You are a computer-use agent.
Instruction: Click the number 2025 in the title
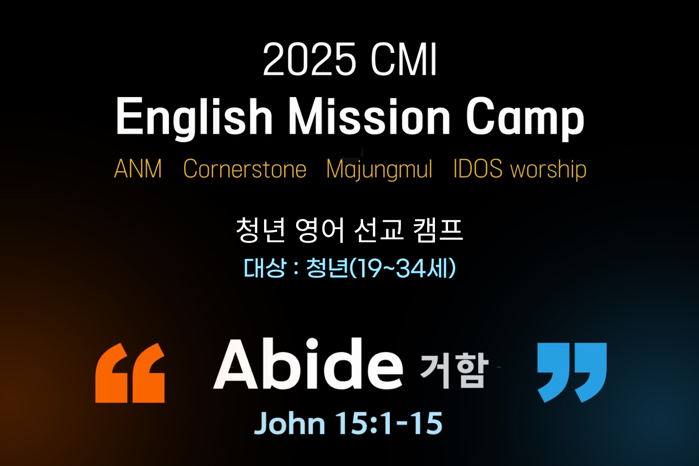[x=309, y=59]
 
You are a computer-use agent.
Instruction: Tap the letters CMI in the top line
[x=403, y=59]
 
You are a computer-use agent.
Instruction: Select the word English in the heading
[x=194, y=118]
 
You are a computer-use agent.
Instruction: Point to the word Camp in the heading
[x=525, y=118]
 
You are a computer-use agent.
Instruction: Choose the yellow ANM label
[x=138, y=168]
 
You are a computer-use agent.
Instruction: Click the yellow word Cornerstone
[x=245, y=168]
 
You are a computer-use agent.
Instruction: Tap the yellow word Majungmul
[x=379, y=169]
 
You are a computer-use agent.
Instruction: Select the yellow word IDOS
[x=478, y=168]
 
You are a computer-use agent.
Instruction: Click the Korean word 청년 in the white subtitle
[x=261, y=230]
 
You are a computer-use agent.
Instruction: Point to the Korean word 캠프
[x=438, y=230]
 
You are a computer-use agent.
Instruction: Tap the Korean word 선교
[x=379, y=230]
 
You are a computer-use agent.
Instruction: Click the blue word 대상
[x=265, y=268]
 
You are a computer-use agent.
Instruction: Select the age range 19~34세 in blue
[x=401, y=268]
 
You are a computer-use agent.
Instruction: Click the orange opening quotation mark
[x=130, y=373]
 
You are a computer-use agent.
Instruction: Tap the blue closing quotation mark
[x=572, y=373]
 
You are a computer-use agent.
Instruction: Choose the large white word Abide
[x=308, y=364]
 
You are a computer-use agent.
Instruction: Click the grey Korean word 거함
[x=454, y=371]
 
